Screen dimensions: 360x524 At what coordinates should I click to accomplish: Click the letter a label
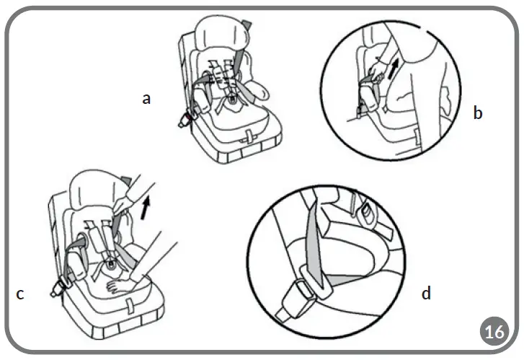click(x=146, y=99)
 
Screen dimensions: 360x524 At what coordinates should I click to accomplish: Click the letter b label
click(x=478, y=113)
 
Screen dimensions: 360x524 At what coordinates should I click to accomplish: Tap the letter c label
click(x=20, y=294)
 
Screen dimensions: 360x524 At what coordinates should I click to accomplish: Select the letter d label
click(x=427, y=293)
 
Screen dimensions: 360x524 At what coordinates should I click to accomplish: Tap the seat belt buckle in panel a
click(x=183, y=120)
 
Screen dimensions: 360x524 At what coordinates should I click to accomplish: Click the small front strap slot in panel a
click(x=249, y=134)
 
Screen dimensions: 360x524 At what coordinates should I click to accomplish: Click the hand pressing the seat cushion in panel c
click(x=118, y=286)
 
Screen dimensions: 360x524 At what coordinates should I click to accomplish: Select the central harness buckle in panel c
click(x=111, y=265)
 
